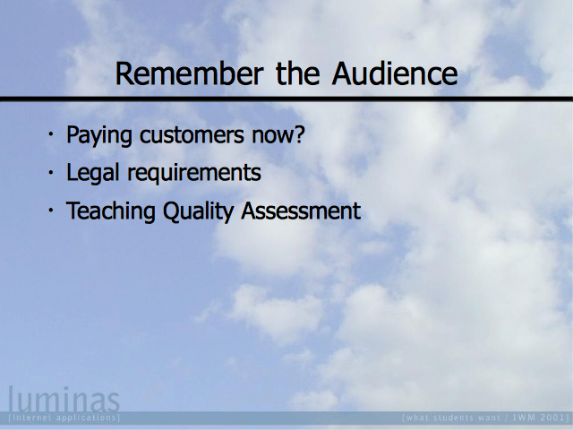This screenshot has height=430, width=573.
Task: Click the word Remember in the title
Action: click(189, 73)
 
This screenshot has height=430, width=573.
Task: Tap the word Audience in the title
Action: click(395, 73)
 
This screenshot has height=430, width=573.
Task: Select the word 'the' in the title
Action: click(298, 73)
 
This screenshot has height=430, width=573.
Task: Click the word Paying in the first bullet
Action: click(98, 135)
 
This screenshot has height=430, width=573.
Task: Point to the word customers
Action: click(192, 134)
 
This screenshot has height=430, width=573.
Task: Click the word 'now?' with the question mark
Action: click(278, 134)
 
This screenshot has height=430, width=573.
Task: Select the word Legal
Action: click(93, 173)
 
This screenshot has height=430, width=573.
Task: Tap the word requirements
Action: click(194, 173)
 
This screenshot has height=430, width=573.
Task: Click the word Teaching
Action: click(110, 211)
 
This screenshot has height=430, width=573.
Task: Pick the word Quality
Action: click(198, 211)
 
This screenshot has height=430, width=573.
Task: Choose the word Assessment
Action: click(301, 211)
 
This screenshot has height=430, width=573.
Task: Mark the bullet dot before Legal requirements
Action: click(51, 172)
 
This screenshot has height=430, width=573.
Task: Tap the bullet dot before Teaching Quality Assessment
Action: click(51, 210)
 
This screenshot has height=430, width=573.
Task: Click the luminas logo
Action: click(64, 399)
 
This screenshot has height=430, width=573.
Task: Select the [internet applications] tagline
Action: click(64, 417)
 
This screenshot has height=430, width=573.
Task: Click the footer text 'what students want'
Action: click(453, 417)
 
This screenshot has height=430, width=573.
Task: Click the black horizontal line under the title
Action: click(286, 99)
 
